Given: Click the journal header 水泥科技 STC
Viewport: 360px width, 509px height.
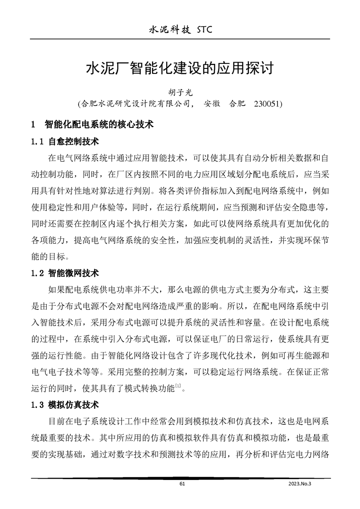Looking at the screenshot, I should point(180,30).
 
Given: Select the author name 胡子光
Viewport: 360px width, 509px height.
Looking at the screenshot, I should point(180,92).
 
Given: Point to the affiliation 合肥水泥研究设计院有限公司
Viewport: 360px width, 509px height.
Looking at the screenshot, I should point(136,103).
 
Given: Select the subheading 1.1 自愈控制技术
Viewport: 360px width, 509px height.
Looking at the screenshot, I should point(66,142).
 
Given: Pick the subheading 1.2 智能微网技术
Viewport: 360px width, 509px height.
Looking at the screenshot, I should point(66,274).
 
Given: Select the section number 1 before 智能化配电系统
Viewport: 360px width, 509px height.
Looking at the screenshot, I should point(33,124).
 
